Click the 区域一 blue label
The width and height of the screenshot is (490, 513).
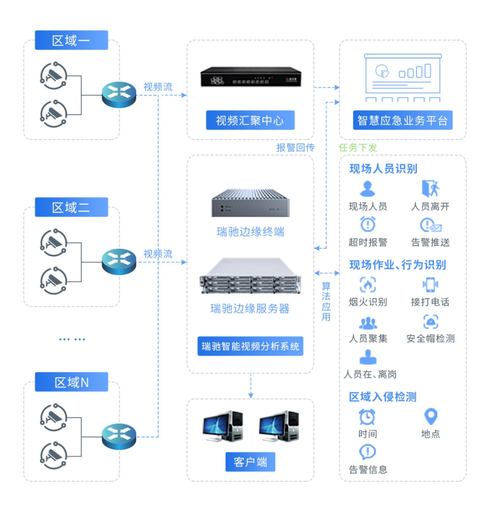pyautogui.click(x=71, y=40)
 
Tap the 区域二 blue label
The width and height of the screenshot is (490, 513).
pyautogui.click(x=71, y=208)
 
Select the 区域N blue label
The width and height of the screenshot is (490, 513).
pyautogui.click(x=71, y=382)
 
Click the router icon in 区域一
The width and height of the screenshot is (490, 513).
pyautogui.click(x=119, y=94)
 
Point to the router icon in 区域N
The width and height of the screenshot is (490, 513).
pyautogui.click(x=119, y=436)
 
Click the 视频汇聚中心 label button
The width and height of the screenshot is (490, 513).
pyautogui.click(x=250, y=121)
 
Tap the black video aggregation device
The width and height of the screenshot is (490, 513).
pyautogui.click(x=250, y=77)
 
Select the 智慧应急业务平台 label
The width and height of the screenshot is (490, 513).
pyautogui.click(x=402, y=121)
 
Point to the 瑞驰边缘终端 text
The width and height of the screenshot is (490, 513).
pyautogui.click(x=250, y=232)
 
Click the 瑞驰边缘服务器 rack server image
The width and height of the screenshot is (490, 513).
pyautogui.click(x=250, y=276)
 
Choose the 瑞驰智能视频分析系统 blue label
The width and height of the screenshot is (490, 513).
pyautogui.click(x=250, y=346)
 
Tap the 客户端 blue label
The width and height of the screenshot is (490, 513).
pyautogui.click(x=250, y=462)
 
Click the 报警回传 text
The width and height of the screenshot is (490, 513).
pyautogui.click(x=295, y=148)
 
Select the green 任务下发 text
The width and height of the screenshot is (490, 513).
pyautogui.click(x=358, y=148)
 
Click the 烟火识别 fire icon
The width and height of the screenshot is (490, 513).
pyautogui.click(x=367, y=285)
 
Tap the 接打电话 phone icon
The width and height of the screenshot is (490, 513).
pyautogui.click(x=430, y=285)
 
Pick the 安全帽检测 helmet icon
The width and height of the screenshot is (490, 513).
pyautogui.click(x=430, y=322)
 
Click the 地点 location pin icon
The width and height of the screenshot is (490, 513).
pyautogui.click(x=430, y=416)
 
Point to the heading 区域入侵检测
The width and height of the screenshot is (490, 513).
pyautogui.click(x=382, y=397)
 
